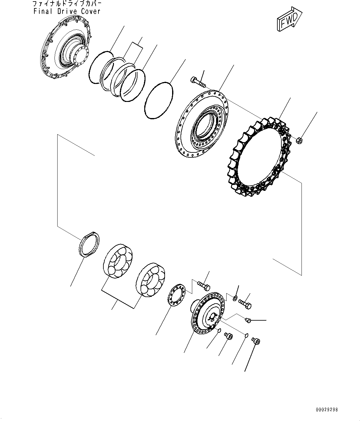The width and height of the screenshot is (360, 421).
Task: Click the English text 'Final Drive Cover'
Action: pyautogui.click(x=67, y=11)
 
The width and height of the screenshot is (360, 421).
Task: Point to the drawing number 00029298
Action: pyautogui.click(x=327, y=410)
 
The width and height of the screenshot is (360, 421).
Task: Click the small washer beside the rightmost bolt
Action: pyautogui.click(x=235, y=298)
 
